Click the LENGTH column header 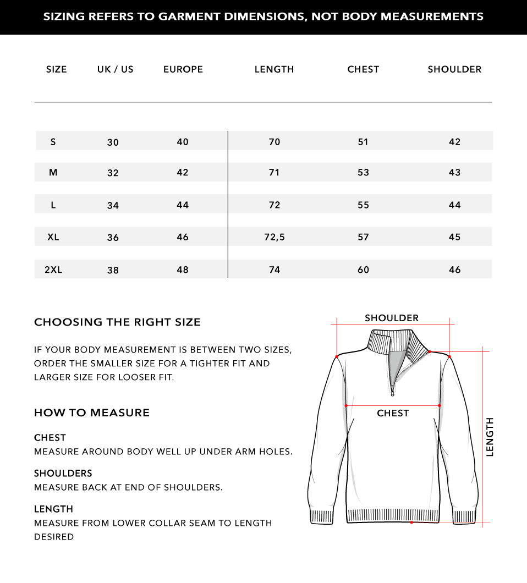coord(274,69)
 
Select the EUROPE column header coord(183,69)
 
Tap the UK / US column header coord(116,69)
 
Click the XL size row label coord(53,237)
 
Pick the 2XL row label coord(53,269)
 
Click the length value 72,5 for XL coord(275,237)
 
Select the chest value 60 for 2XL coord(363,269)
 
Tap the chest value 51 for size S coord(363,142)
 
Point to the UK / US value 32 coord(113,173)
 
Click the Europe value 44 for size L coord(183,205)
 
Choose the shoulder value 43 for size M coord(454,172)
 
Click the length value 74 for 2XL coord(275,269)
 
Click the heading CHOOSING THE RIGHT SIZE coord(117,322)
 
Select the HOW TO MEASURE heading coord(92,413)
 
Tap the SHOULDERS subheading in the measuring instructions coord(63,473)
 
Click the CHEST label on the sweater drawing coord(393,413)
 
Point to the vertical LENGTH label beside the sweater coord(490,437)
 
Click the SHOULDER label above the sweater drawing coord(392,318)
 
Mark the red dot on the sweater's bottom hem coord(411,522)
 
